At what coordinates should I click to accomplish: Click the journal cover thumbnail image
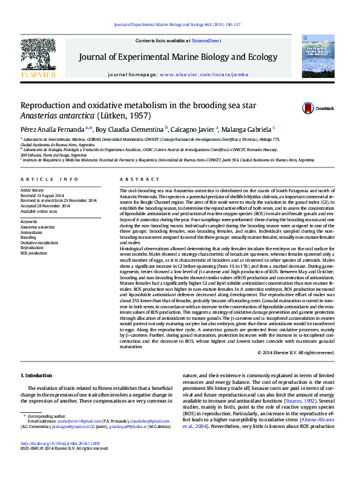(x=318, y=56)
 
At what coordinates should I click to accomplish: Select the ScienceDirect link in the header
(x=206, y=41)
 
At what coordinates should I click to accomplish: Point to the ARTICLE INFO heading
(x=49, y=180)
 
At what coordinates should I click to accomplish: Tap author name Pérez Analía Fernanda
(x=53, y=129)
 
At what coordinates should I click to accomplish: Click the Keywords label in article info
(x=29, y=222)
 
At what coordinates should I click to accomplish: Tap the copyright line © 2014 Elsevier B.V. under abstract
(x=295, y=352)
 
